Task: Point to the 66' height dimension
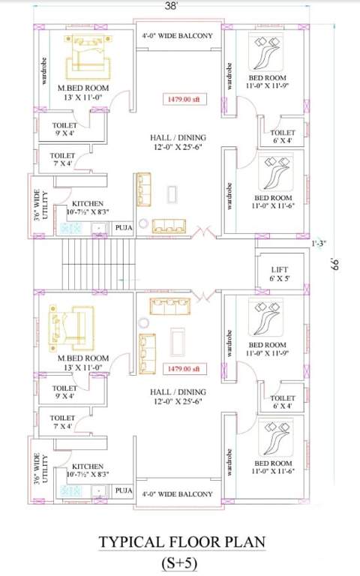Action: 335,264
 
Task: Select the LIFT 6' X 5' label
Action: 279,274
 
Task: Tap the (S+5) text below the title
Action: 179,562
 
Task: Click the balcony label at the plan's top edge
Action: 178,35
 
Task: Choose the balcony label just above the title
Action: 178,494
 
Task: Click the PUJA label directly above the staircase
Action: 124,225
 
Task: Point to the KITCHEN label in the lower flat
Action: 88,471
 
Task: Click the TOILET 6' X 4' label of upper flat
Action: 283,136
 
